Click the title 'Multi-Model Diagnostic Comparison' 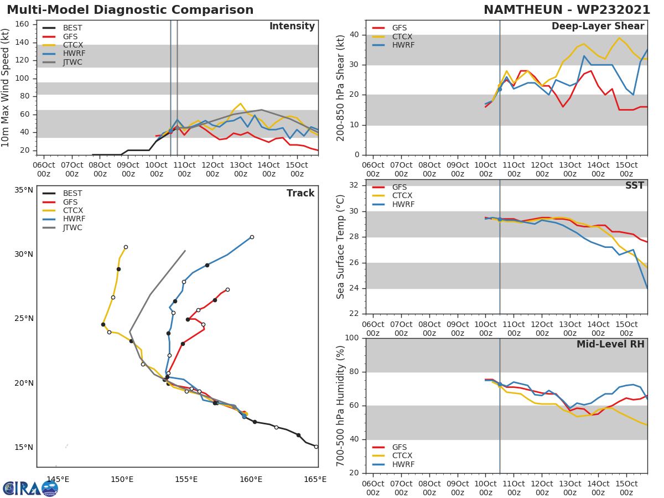tap(130, 10)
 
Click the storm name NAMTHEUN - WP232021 tap(567, 10)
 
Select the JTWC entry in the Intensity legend tap(72, 62)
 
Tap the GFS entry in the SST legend tap(399, 187)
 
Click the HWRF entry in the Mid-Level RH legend tap(403, 464)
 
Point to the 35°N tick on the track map tap(23, 190)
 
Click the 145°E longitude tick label tap(58, 479)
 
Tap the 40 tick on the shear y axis tap(354, 35)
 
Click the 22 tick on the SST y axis tap(354, 314)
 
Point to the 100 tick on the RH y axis tap(351, 338)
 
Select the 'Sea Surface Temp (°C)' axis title tap(341, 246)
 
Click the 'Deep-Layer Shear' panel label tap(598, 27)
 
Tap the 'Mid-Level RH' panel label tap(610, 344)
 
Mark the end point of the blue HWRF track tap(252, 237)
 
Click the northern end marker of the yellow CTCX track tap(126, 247)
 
